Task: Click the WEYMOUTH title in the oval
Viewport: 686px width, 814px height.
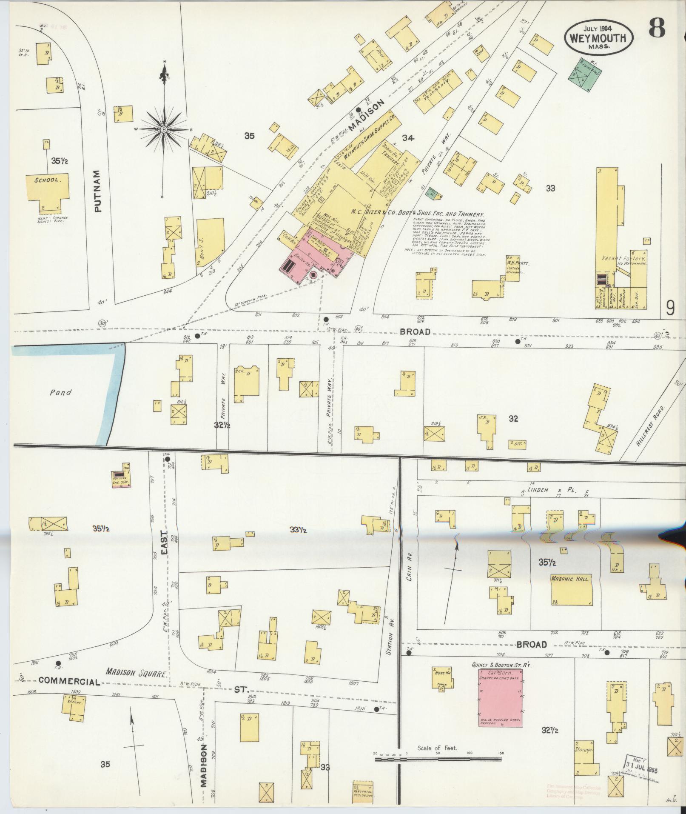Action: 598,37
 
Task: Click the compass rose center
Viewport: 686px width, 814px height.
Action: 164,129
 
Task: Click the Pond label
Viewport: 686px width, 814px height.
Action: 60,392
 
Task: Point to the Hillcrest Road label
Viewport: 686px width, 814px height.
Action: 651,426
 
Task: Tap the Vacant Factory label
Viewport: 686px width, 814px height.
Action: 624,258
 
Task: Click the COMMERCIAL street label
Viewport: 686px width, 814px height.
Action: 69,681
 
